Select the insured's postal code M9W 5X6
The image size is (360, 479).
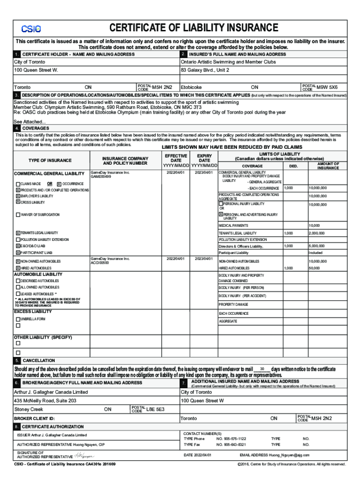327,87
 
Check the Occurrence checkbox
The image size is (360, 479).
59,184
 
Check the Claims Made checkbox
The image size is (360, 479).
18,184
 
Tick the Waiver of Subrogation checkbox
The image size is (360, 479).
18,215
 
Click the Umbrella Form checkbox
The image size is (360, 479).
18,319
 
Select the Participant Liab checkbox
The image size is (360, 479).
18,253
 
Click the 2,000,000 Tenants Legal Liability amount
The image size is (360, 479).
317,233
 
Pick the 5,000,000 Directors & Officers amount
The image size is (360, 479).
317,246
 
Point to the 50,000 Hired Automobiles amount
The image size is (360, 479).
314,268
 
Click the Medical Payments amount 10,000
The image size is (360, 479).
314,225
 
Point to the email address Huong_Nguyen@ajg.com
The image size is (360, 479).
288,455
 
